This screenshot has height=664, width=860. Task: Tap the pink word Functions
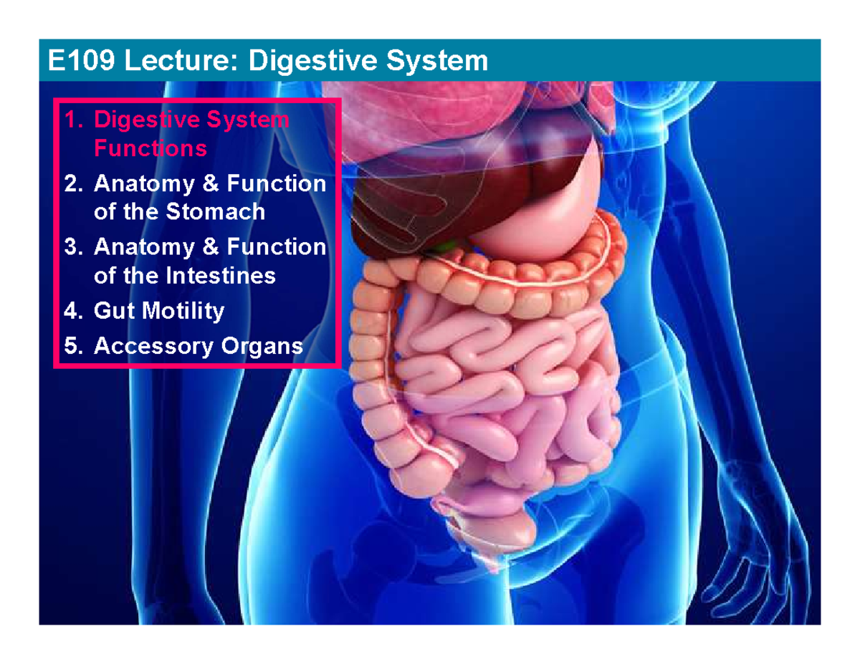[x=150, y=149]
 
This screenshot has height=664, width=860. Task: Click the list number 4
[x=72, y=311]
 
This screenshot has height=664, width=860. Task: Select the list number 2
[x=72, y=185]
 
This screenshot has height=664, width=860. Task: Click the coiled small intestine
[x=494, y=387]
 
